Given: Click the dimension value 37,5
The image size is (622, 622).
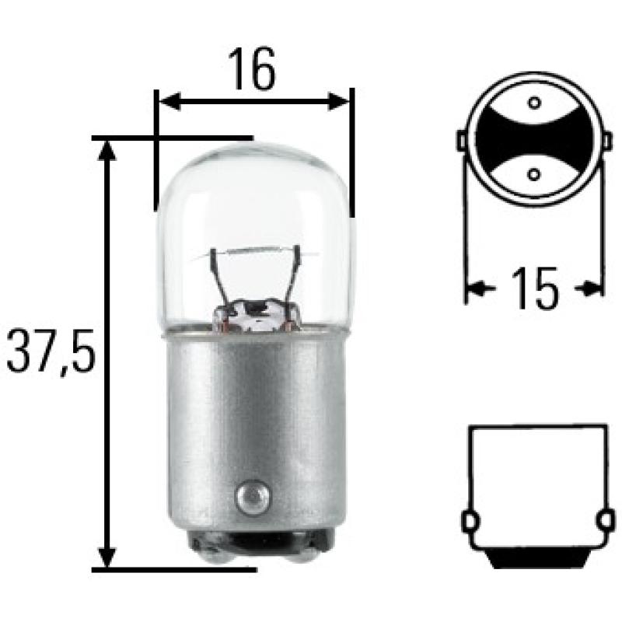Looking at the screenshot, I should coord(51,354).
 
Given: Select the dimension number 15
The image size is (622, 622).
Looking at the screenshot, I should coord(535,289).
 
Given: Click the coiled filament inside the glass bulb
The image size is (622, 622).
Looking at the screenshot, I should coord(253,251).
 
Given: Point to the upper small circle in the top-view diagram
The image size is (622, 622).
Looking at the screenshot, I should coord(533,103).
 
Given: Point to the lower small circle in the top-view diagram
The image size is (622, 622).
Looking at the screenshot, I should coord(533,173).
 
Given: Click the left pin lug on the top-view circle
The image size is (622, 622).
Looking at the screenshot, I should coord(462,140).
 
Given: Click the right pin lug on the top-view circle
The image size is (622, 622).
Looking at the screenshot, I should coord(605,140).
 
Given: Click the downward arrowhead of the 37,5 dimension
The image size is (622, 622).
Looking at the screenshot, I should coord(107,558).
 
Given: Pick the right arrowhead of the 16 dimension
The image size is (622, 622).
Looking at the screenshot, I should coord(341,101).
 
